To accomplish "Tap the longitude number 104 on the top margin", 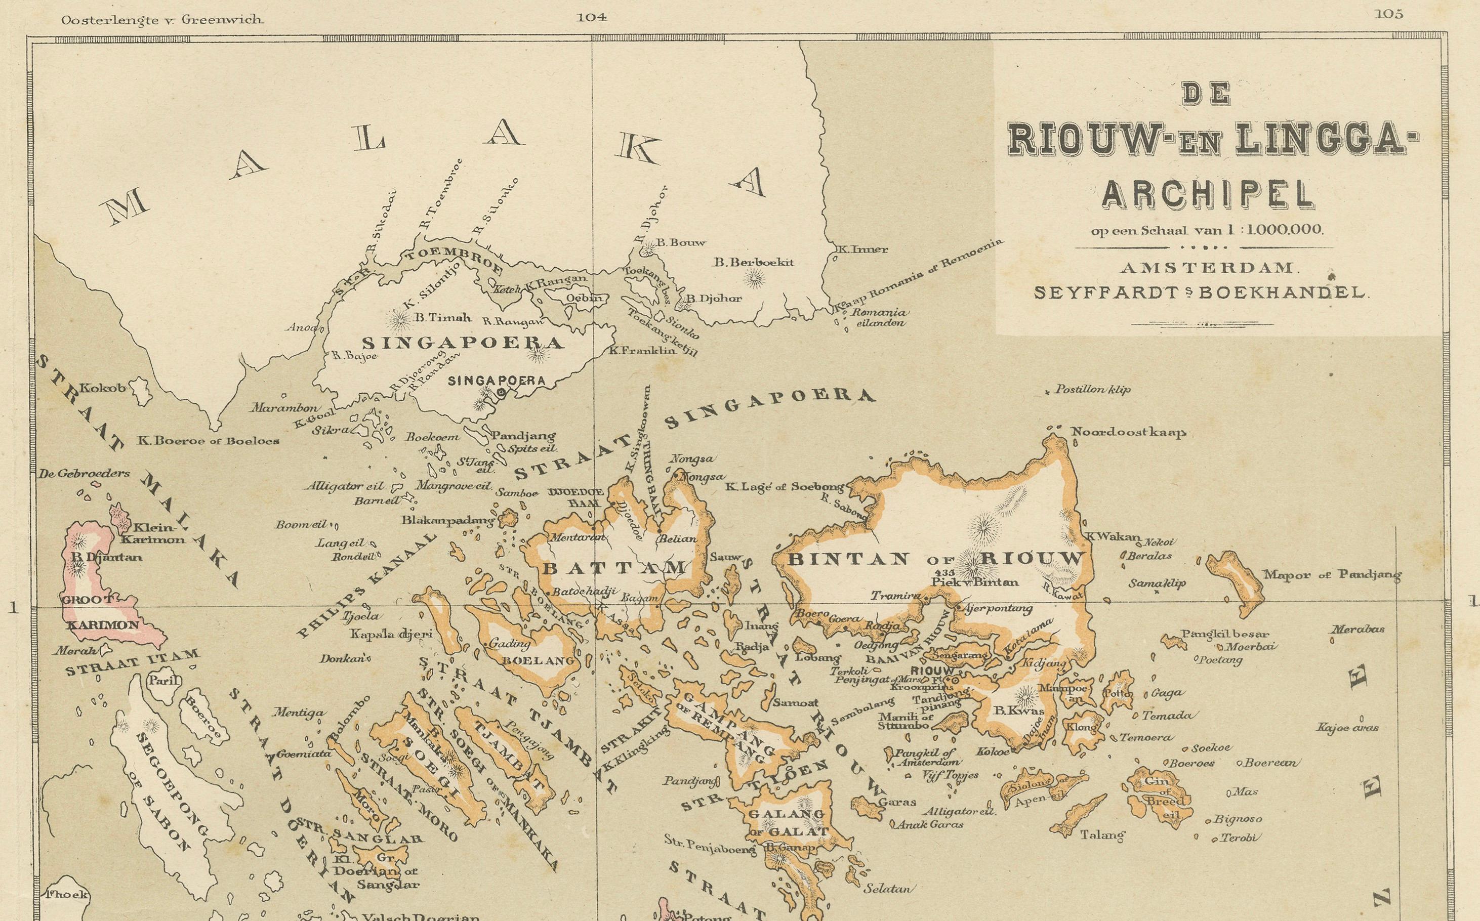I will [x=592, y=18].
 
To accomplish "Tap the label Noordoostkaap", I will [x=1128, y=433].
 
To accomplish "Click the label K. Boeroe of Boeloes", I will [x=208, y=440].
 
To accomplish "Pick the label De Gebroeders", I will [x=84, y=473].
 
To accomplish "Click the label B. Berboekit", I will [x=754, y=263].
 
